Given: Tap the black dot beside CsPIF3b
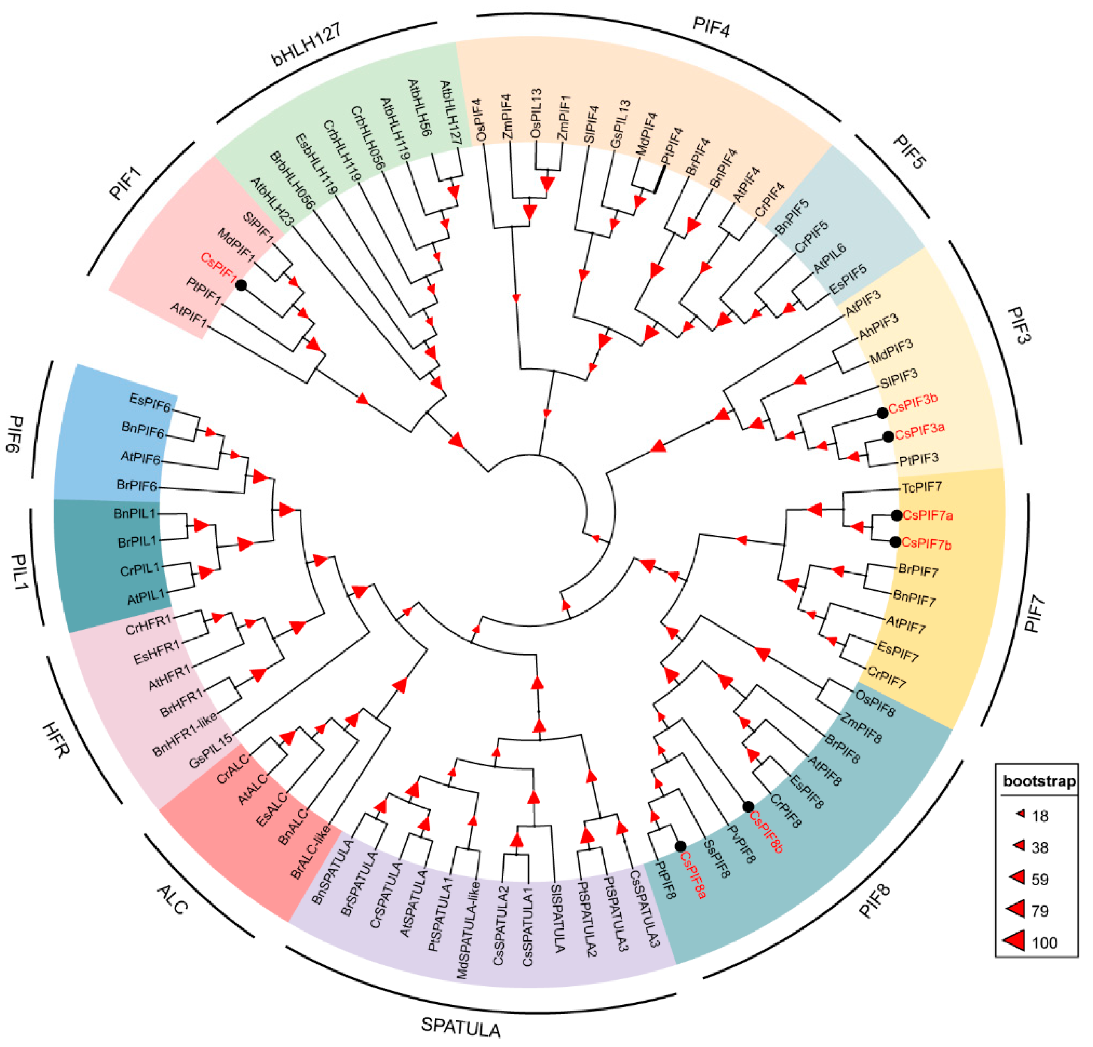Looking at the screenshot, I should (882, 413).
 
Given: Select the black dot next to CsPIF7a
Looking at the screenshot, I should (896, 516).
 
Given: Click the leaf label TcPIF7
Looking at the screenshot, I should (922, 487).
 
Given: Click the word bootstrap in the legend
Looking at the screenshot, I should (1039, 782).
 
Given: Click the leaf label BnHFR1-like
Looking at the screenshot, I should (185, 734).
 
